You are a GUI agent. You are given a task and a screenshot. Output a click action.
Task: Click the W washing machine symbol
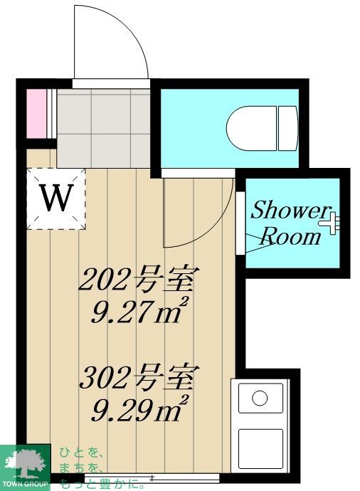click(55, 199)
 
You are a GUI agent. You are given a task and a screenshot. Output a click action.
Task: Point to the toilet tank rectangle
click(287, 127)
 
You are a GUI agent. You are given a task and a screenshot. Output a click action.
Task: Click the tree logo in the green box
click(24, 462)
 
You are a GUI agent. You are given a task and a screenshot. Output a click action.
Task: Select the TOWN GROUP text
click(25, 484)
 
